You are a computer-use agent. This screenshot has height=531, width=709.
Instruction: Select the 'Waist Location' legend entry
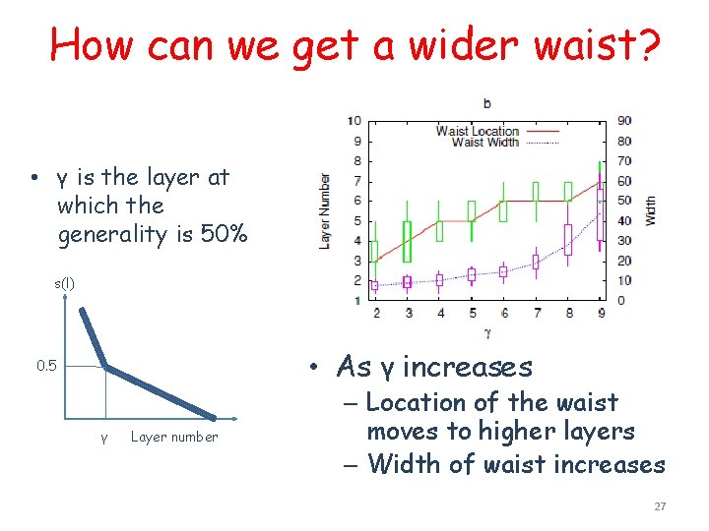478,131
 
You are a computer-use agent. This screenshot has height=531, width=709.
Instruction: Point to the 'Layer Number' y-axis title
325,210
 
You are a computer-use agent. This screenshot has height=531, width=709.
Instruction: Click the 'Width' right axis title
651,210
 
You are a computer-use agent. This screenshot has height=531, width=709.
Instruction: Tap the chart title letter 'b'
488,102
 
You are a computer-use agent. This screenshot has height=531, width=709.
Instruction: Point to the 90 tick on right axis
624,121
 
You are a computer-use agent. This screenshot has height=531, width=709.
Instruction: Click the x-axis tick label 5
472,313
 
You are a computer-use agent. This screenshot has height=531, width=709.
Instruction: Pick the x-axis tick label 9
601,313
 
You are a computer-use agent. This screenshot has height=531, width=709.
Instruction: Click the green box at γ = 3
408,241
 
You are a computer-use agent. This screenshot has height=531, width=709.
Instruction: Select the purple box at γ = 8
568,239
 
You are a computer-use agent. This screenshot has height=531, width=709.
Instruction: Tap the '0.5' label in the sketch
46,367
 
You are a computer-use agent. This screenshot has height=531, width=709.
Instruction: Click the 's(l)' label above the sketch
64,283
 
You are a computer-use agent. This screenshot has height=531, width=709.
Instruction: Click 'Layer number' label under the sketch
174,437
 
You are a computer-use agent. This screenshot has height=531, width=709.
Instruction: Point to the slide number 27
660,506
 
